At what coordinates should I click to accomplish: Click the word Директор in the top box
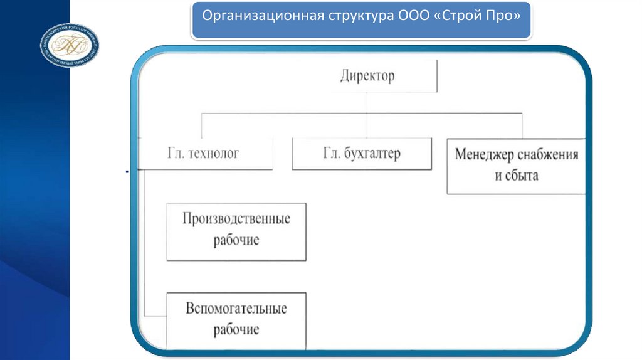(x=367, y=77)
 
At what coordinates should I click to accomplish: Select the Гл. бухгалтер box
(x=362, y=154)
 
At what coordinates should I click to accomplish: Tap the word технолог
(x=214, y=153)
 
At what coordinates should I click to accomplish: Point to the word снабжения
(x=552, y=154)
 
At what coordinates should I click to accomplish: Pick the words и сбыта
(x=517, y=175)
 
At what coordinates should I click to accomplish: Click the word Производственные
(x=236, y=219)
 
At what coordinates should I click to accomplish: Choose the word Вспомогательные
(x=236, y=309)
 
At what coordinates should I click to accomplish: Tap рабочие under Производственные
(x=236, y=240)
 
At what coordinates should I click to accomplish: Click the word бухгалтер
(x=372, y=154)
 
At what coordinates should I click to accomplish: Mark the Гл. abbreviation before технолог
(x=176, y=153)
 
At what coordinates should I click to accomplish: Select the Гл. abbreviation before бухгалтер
(x=331, y=154)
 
